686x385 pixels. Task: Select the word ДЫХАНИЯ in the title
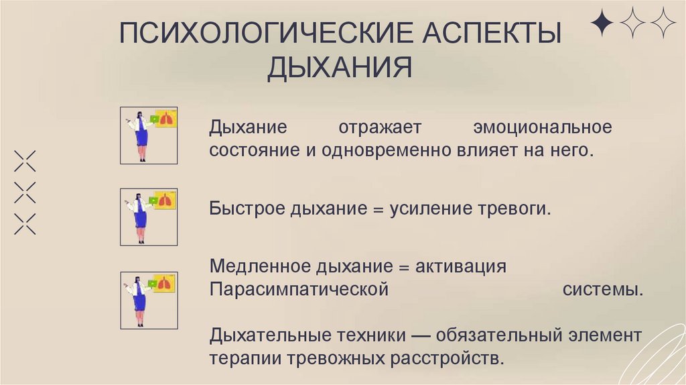tap(340, 68)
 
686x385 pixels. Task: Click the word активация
tap(460, 266)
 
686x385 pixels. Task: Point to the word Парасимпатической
tap(299, 290)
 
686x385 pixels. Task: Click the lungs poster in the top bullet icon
tap(164, 119)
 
